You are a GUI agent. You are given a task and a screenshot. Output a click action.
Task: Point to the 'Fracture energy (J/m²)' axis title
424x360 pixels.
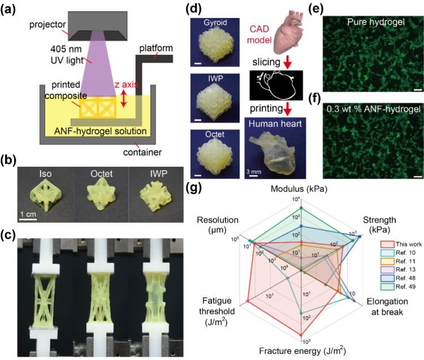pos(302,351)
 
